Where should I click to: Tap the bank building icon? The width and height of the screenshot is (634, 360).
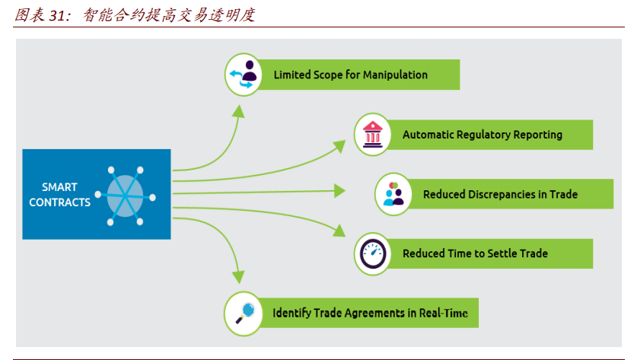[x=374, y=134]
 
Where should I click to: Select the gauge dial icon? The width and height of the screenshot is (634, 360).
[x=374, y=253]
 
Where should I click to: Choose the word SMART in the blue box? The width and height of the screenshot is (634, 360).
[x=59, y=187]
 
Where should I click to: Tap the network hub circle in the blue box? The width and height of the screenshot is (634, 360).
[x=124, y=195]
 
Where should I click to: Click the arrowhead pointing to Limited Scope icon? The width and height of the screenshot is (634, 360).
[x=239, y=110]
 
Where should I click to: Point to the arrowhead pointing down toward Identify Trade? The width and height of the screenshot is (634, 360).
[x=239, y=279]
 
